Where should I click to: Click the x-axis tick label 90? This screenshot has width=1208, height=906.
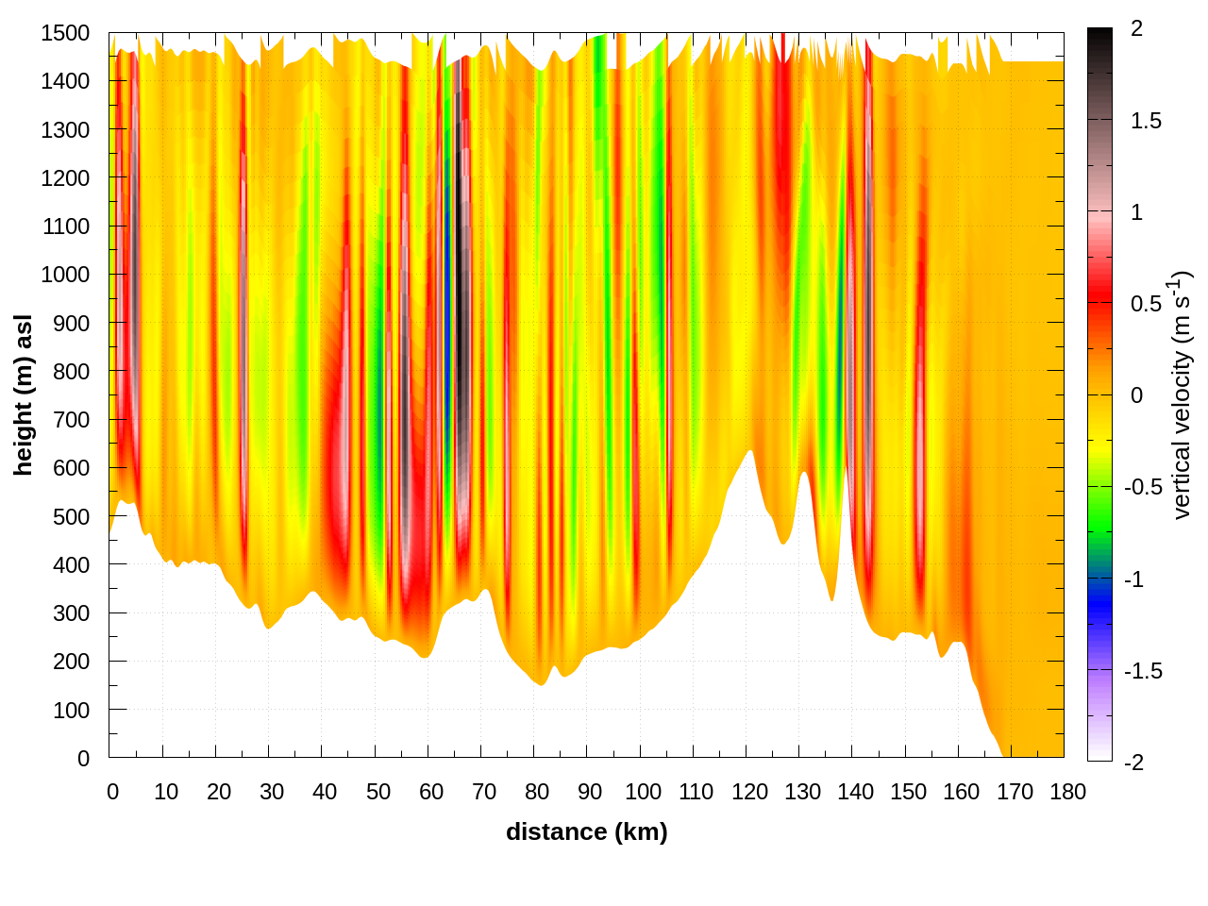coord(590,792)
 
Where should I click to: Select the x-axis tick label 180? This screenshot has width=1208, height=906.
coord(1067,792)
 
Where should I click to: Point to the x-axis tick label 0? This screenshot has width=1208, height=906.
coord(112,792)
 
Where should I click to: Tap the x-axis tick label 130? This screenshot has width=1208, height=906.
coord(802,792)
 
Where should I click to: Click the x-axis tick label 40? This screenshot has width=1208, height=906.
coord(325,792)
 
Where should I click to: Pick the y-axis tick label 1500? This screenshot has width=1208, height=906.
coord(65,33)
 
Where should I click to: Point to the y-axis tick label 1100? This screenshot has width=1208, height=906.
coord(65,226)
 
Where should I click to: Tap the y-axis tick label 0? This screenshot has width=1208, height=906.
coord(83,758)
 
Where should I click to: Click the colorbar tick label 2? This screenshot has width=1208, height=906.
coord(1136,29)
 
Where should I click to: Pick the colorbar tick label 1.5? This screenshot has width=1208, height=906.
coord(1146,121)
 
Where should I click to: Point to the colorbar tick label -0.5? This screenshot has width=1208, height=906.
coord(1142,487)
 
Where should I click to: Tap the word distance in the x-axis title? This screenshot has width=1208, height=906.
coord(557,831)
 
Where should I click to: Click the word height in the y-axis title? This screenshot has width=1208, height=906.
coord(23,438)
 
